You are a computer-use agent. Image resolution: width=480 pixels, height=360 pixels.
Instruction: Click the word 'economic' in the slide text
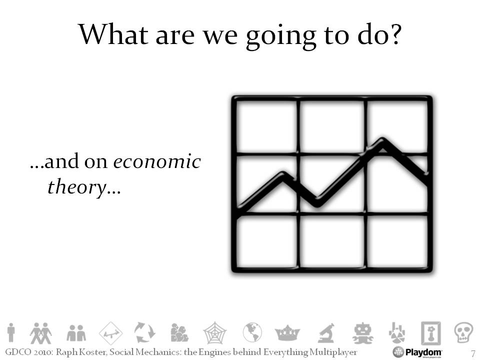pos(157,161)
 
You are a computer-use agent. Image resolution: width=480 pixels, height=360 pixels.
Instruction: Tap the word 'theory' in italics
pos(77,186)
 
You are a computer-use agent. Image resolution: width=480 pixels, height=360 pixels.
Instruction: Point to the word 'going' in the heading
pos(281,36)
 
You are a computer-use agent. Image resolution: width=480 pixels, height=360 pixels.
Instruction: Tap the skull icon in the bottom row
pos(463,332)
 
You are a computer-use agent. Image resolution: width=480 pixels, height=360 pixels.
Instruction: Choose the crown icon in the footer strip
pos(287,333)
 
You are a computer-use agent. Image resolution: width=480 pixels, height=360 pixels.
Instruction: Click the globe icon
pos(252,332)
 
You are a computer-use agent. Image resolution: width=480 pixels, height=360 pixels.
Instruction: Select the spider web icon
pos(215,332)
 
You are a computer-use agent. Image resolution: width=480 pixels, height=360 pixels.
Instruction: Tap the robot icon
pos(363,333)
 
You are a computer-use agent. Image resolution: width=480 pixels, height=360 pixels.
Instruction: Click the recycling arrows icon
pos(144,332)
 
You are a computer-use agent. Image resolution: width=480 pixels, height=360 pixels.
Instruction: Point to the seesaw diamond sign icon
pos(111,333)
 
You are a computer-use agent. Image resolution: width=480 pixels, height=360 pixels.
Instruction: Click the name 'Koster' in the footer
pos(93,352)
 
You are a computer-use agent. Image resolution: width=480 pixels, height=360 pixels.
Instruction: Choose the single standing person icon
pos(11,332)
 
